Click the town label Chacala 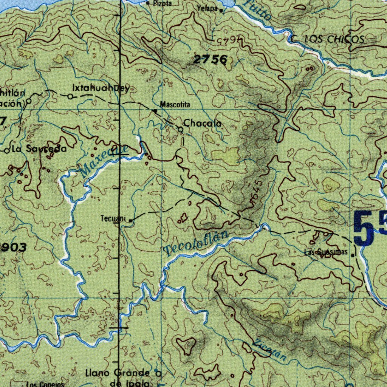point(202,124)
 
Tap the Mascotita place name point(175,104)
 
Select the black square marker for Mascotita point(155,111)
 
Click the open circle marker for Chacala point(181,130)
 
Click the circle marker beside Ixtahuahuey point(70,97)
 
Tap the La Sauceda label point(39,149)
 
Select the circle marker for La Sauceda point(7,150)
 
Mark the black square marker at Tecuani point(130,220)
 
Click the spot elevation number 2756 point(211,59)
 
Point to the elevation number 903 point(14,248)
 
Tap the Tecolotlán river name point(197,243)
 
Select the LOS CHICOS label point(334,39)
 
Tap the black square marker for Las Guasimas point(353,255)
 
